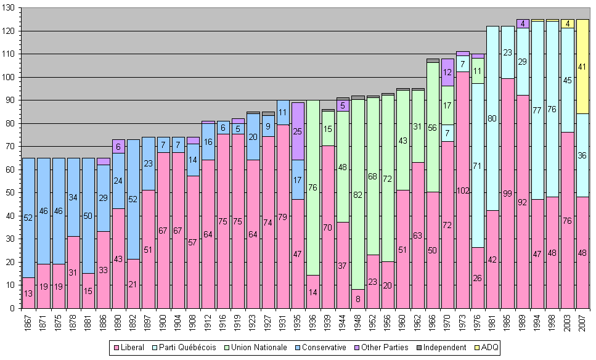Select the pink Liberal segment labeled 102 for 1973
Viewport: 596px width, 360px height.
463,190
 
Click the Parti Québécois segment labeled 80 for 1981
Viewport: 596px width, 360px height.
492,118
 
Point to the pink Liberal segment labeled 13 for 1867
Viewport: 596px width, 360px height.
29,293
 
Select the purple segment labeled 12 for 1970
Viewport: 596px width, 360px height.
448,72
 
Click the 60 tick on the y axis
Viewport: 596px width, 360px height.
14,170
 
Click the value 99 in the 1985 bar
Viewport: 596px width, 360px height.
508,194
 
